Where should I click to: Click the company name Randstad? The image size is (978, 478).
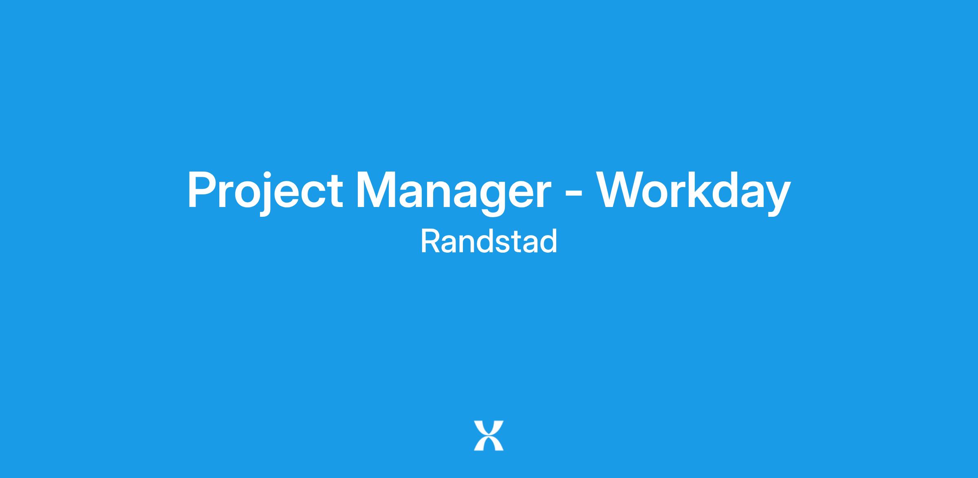coord(489,241)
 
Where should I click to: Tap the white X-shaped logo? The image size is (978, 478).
coord(489,436)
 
